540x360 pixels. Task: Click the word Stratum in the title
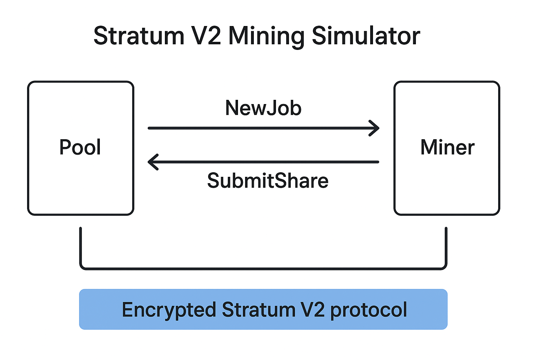pyautogui.click(x=139, y=36)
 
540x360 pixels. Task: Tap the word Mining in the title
pyautogui.click(x=266, y=37)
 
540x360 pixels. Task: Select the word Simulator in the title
pyautogui.click(x=366, y=36)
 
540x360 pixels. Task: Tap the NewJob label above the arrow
pyautogui.click(x=263, y=108)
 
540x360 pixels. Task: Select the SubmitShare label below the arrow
pyautogui.click(x=268, y=181)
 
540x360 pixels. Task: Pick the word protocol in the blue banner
pyautogui.click(x=368, y=310)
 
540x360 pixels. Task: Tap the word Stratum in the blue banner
pyautogui.click(x=259, y=310)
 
